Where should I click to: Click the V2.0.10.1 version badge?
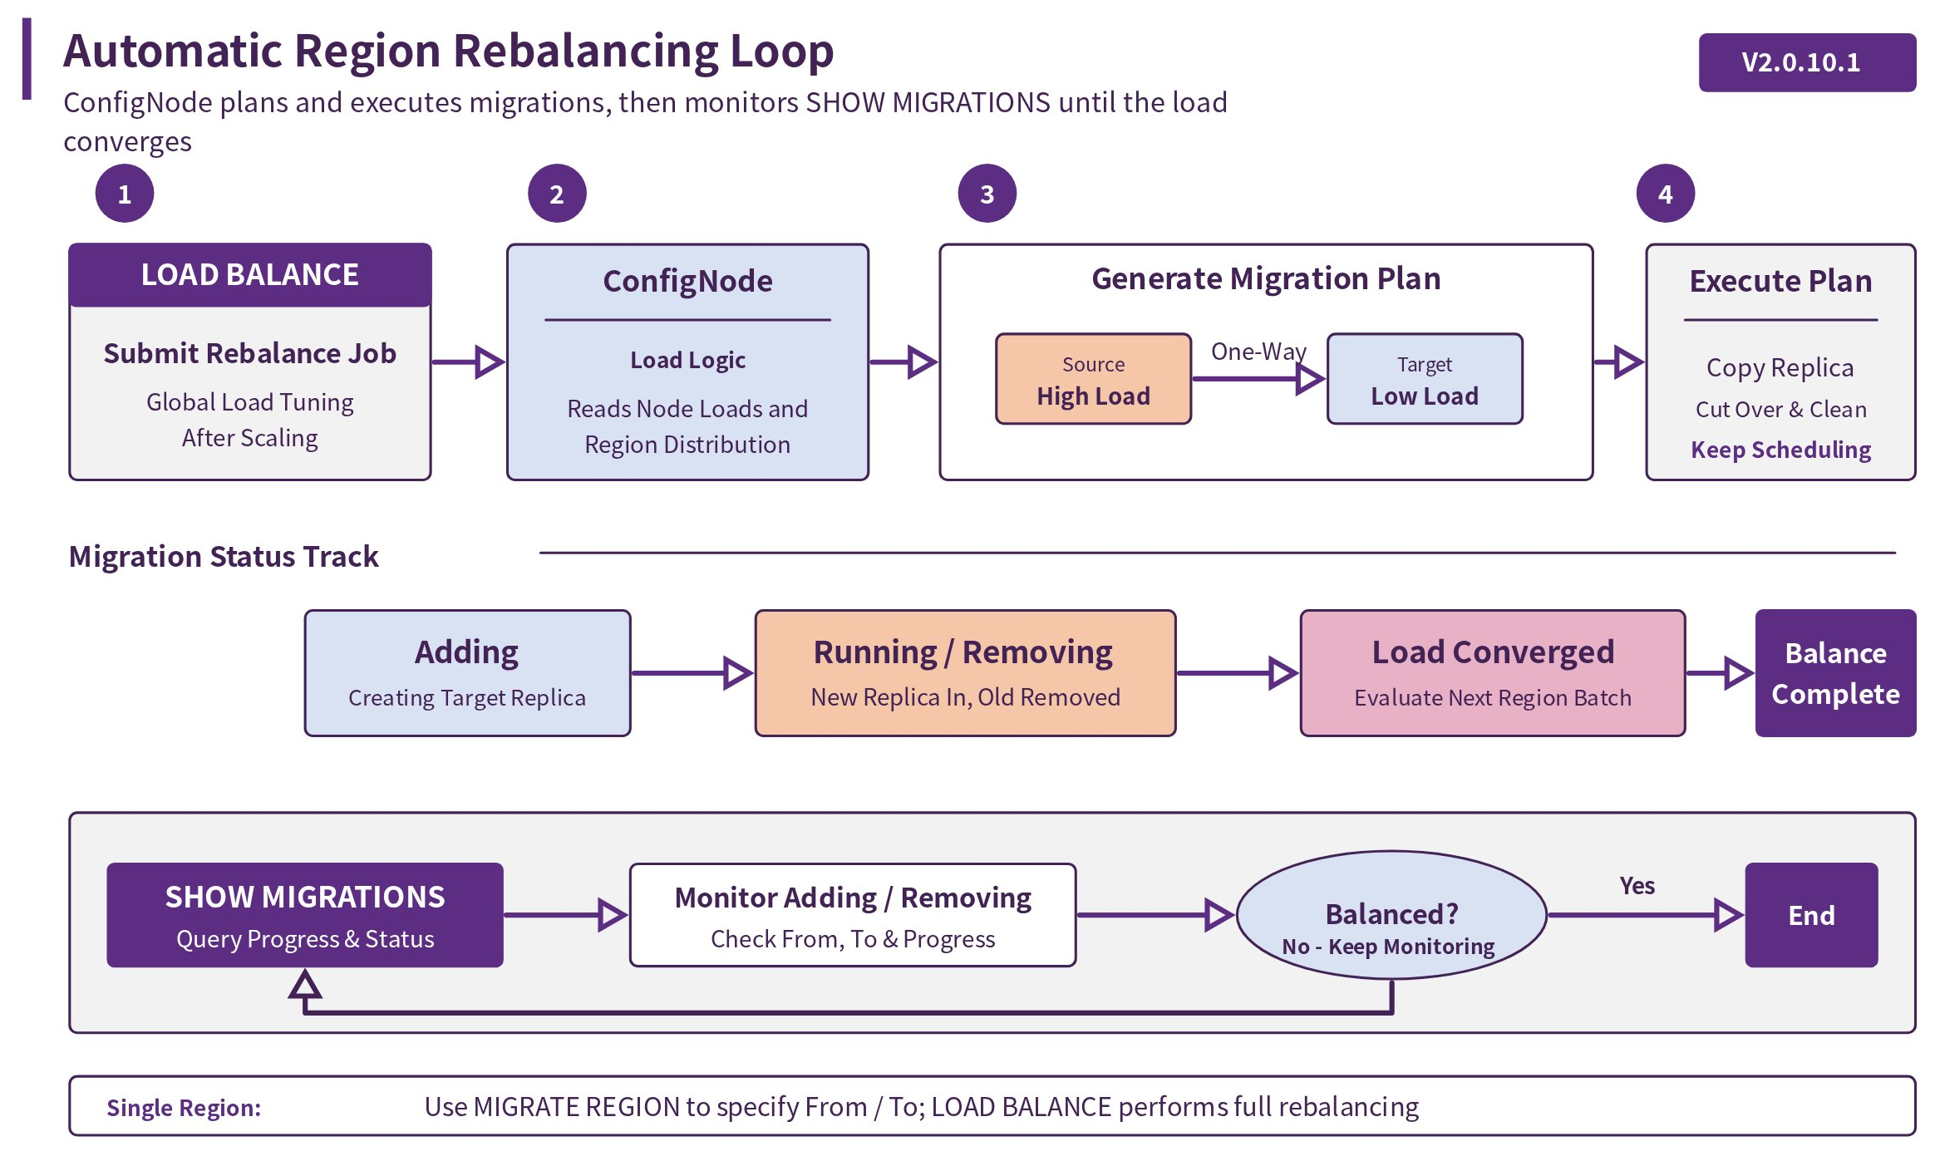1806,62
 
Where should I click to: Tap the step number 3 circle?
987,194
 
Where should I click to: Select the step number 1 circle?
125,194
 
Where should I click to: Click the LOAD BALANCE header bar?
250,275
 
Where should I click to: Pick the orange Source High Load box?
1093,379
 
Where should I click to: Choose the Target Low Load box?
1425,379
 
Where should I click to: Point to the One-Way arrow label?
1258,352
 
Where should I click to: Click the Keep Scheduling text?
1780,450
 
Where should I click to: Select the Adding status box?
467,673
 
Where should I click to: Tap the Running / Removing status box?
965,673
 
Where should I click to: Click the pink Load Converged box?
1493,673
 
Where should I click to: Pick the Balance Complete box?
1835,673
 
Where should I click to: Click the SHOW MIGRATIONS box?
305,915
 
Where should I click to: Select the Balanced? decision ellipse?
1391,915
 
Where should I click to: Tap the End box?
1811,915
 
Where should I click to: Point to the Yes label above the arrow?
1637,886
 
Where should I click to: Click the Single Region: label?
184,1108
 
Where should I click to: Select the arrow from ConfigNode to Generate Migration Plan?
903,362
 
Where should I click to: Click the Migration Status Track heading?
224,556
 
